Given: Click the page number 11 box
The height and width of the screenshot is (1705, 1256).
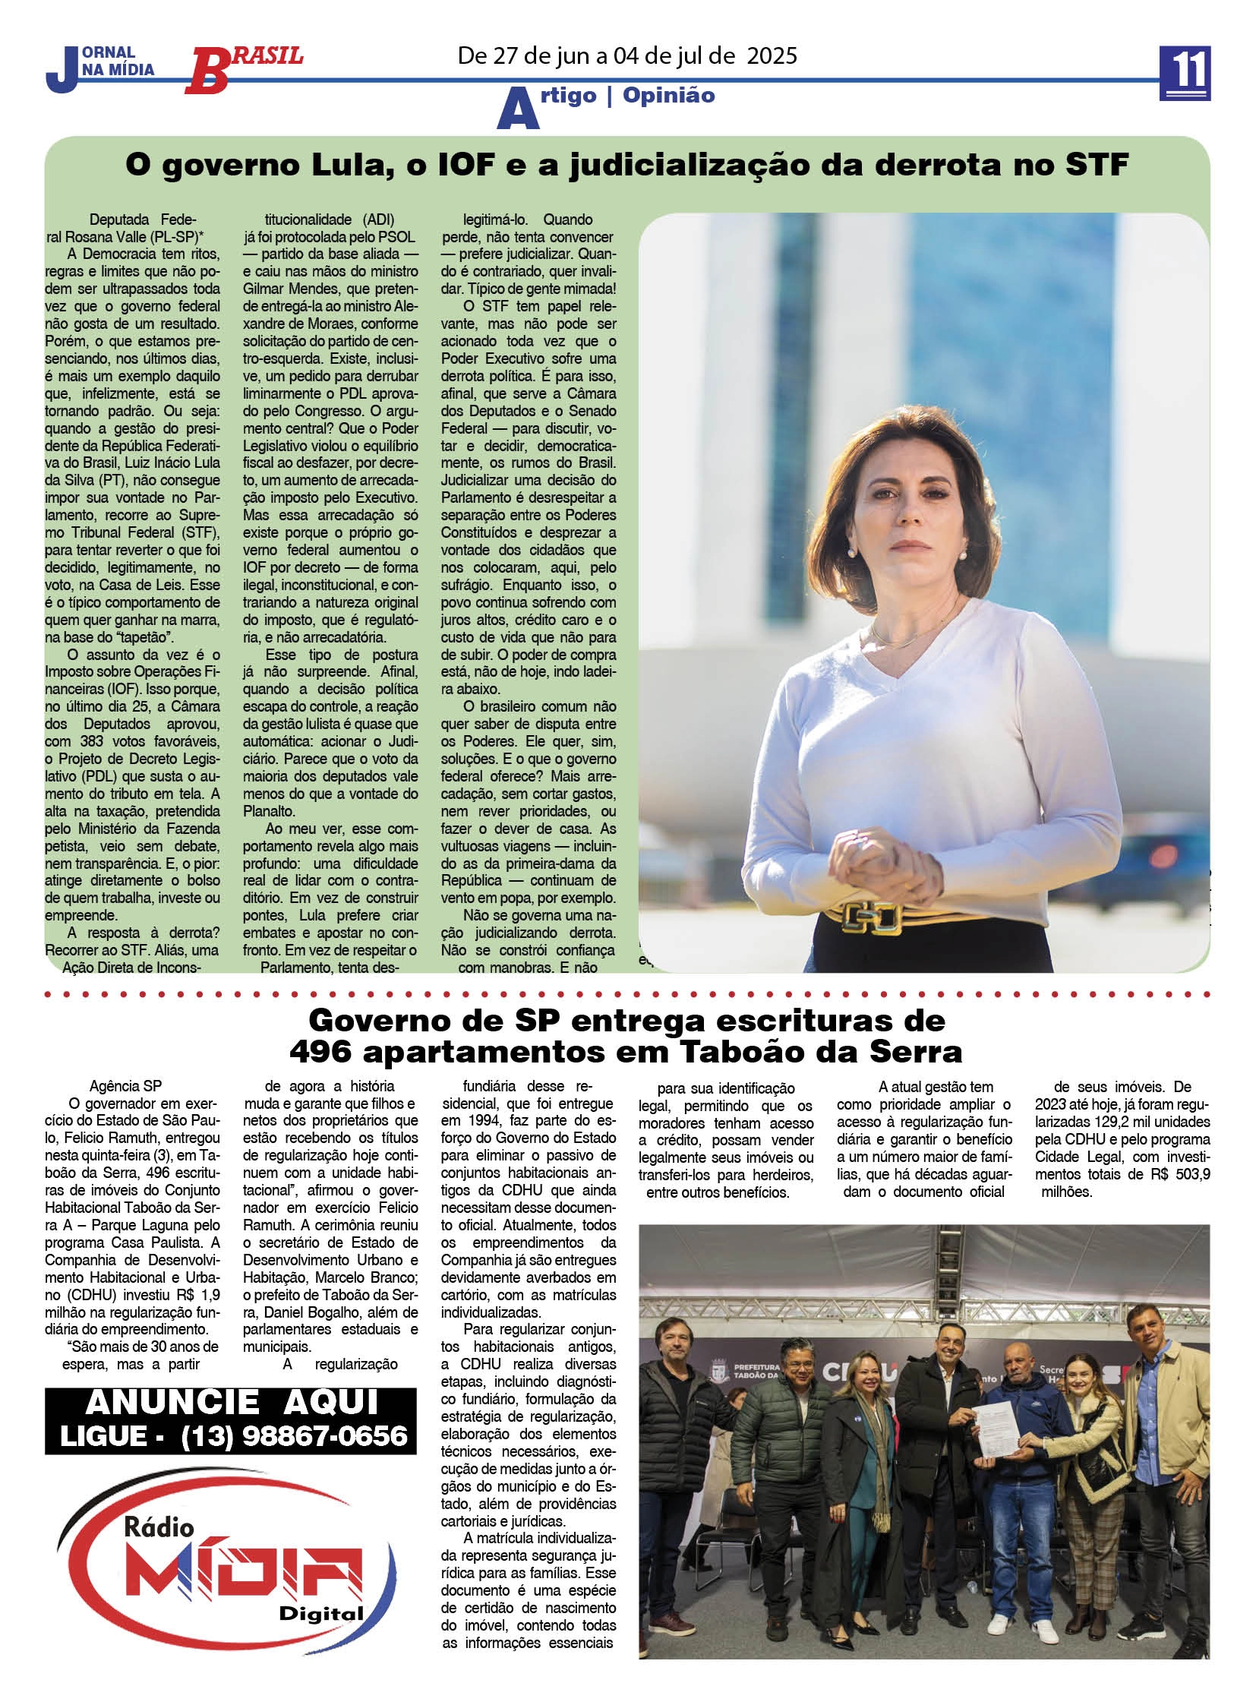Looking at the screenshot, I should (1185, 73).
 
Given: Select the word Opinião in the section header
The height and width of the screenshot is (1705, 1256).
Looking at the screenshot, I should (668, 95).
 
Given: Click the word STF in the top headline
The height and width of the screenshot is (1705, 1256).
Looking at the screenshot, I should (1097, 165).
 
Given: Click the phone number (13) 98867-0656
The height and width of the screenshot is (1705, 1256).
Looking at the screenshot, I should (295, 1436).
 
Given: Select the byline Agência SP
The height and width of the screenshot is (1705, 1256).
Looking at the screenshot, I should (125, 1087).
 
